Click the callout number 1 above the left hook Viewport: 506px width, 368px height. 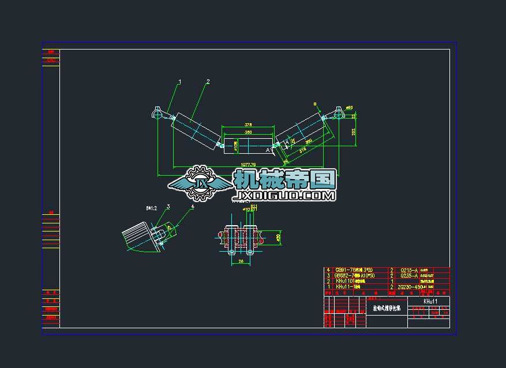pyautogui.click(x=179, y=82)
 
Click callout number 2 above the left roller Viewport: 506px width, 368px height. pyautogui.click(x=208, y=82)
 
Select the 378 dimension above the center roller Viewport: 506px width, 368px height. pyautogui.click(x=248, y=124)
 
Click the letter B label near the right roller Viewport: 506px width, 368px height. pyautogui.click(x=315, y=104)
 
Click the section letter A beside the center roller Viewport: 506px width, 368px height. pyautogui.click(x=268, y=150)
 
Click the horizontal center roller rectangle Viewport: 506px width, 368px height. pyautogui.click(x=248, y=145)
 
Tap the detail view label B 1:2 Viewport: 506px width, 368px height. pyautogui.click(x=152, y=207)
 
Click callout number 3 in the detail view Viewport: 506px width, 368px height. pyautogui.click(x=168, y=206)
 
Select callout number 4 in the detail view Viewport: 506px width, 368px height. pyautogui.click(x=193, y=206)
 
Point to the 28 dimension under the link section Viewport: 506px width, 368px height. pyautogui.click(x=241, y=260)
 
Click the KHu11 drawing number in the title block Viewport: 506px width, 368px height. pyautogui.click(x=430, y=301)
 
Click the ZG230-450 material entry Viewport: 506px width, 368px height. pyautogui.click(x=410, y=286)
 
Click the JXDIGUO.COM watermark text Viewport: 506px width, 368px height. pyautogui.click(x=284, y=196)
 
